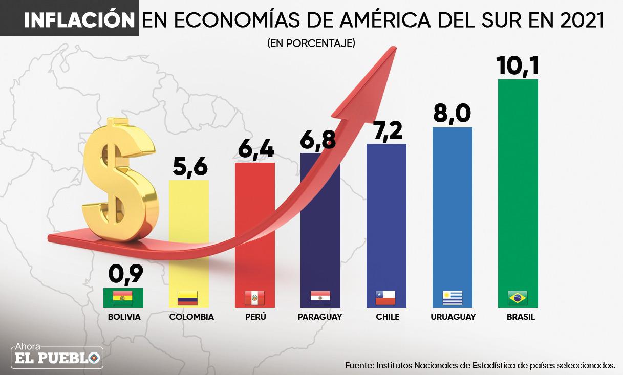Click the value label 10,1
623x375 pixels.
point(518,65)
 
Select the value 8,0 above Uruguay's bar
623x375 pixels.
point(452,113)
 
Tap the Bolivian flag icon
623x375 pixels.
point(123,297)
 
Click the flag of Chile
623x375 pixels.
point(385,297)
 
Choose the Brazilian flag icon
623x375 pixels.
point(518,297)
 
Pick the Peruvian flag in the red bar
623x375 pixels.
point(254,297)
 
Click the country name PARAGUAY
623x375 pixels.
point(320,317)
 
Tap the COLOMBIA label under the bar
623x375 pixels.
point(191,317)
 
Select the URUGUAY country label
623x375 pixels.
point(453,317)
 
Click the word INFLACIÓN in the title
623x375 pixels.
point(79,20)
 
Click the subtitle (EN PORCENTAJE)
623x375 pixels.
point(311,43)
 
